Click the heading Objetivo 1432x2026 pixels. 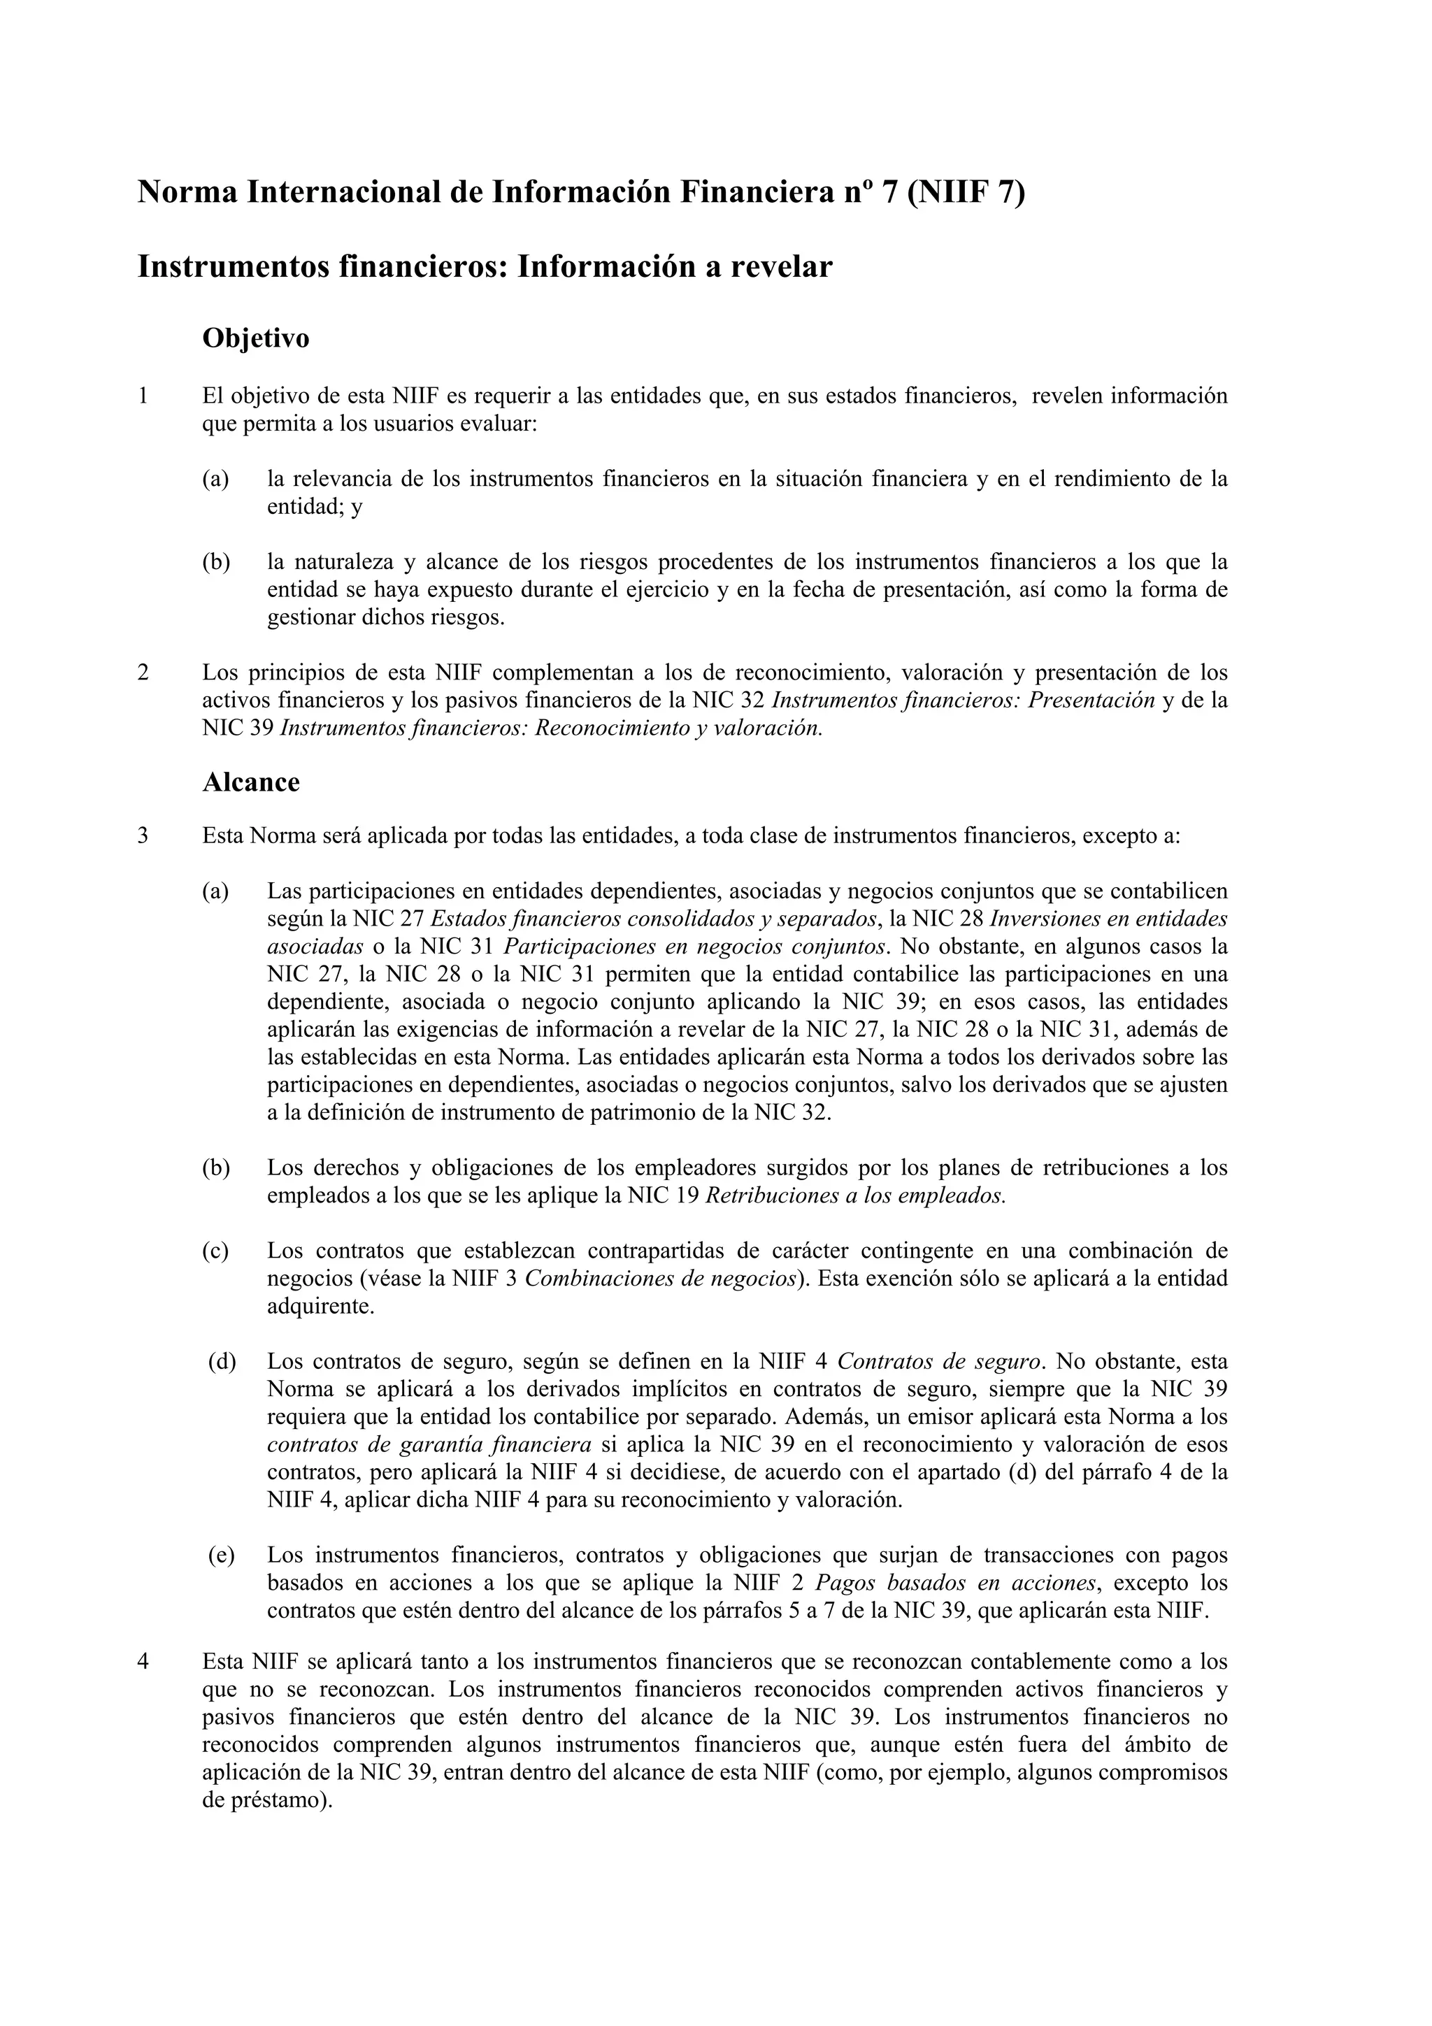[x=256, y=338]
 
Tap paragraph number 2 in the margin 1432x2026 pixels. [x=143, y=673]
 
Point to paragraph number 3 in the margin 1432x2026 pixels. [x=143, y=835]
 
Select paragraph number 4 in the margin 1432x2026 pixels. [x=143, y=1662]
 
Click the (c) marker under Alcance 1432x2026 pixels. [x=215, y=1251]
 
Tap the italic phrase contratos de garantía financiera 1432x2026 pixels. [x=429, y=1444]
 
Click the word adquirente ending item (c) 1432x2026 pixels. [x=320, y=1307]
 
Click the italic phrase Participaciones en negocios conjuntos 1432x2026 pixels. [x=694, y=947]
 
